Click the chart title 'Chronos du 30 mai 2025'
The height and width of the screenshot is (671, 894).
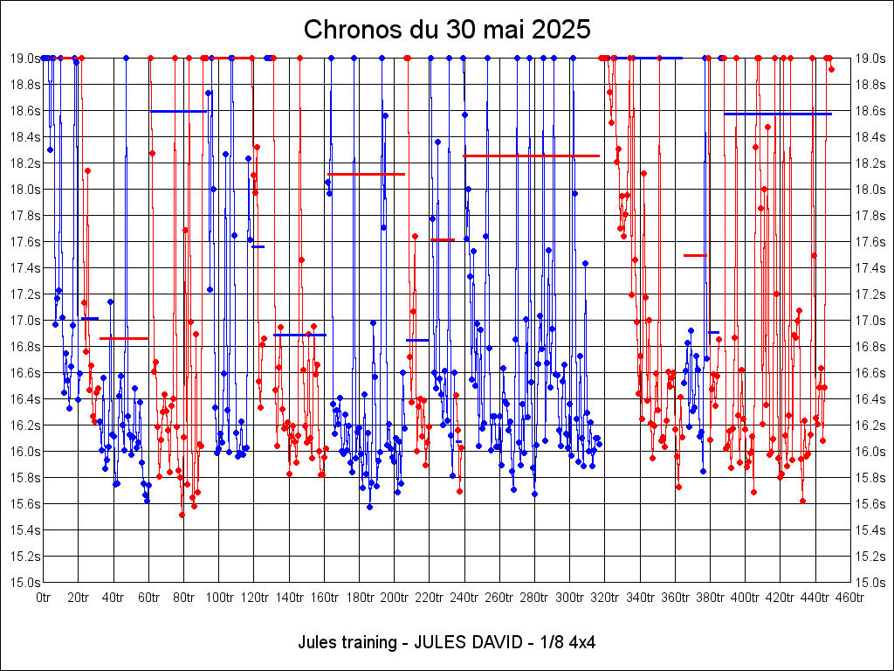(x=447, y=30)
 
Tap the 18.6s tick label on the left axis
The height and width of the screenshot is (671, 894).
(x=24, y=111)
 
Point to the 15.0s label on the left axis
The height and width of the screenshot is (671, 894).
(x=24, y=582)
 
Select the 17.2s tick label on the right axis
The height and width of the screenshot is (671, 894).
(x=871, y=294)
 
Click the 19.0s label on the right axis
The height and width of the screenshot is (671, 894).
(x=871, y=59)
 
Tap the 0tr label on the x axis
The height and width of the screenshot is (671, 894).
(x=44, y=598)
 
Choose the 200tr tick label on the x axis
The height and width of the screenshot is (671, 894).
(x=394, y=598)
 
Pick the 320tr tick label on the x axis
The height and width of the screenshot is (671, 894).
(x=604, y=598)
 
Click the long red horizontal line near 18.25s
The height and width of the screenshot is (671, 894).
(x=531, y=156)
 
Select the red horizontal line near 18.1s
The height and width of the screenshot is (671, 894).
(x=367, y=174)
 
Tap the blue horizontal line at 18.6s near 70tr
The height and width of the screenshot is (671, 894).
(x=178, y=111)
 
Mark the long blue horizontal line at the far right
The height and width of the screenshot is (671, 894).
(x=777, y=114)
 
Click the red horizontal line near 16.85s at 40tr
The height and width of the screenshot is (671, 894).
(x=124, y=338)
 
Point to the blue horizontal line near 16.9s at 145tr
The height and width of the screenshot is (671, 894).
(x=299, y=335)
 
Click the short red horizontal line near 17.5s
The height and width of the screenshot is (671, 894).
(x=695, y=255)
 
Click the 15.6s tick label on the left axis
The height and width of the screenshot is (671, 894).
(x=24, y=503)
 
